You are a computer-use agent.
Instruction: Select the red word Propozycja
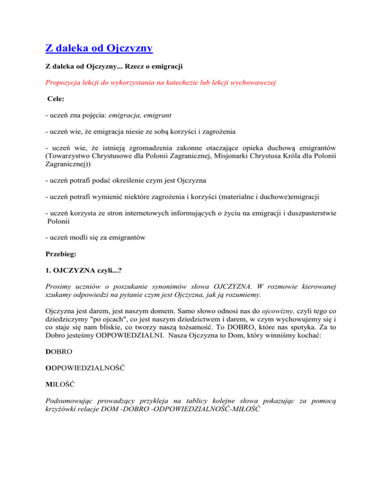65,86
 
